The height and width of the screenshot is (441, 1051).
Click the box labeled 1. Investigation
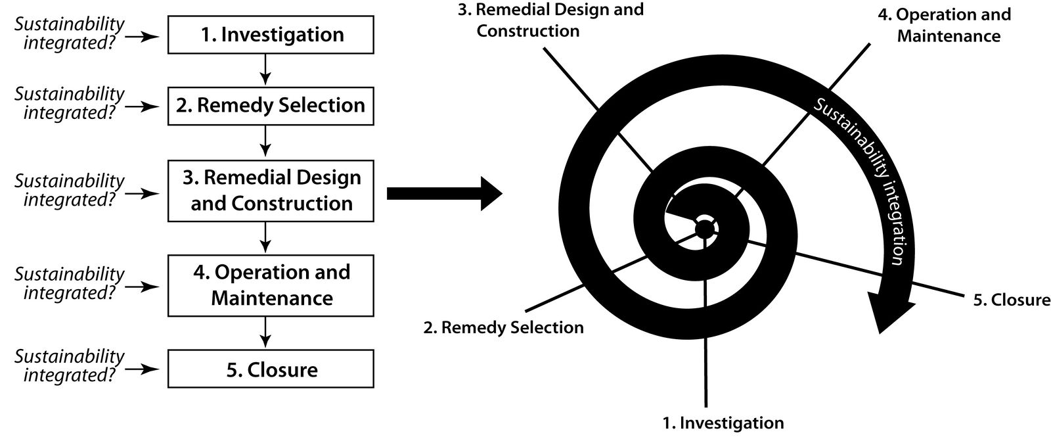point(271,35)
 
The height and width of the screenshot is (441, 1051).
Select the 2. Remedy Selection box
point(271,106)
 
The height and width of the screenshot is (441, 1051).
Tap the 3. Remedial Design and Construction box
point(271,191)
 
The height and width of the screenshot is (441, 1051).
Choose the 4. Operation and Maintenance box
point(271,285)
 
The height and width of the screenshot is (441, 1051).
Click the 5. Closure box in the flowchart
point(271,369)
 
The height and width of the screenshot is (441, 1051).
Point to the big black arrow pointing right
point(444,193)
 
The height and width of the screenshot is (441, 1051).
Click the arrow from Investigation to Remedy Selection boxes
point(265,70)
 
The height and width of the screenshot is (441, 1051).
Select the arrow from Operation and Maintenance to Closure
point(265,333)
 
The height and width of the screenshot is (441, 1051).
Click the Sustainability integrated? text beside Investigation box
point(70,34)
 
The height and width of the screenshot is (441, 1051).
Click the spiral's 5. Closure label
point(1012,300)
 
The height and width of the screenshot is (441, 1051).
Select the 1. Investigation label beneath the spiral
point(723,423)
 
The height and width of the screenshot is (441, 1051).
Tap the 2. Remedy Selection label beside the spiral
point(503,327)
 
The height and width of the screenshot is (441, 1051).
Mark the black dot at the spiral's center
point(704,229)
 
